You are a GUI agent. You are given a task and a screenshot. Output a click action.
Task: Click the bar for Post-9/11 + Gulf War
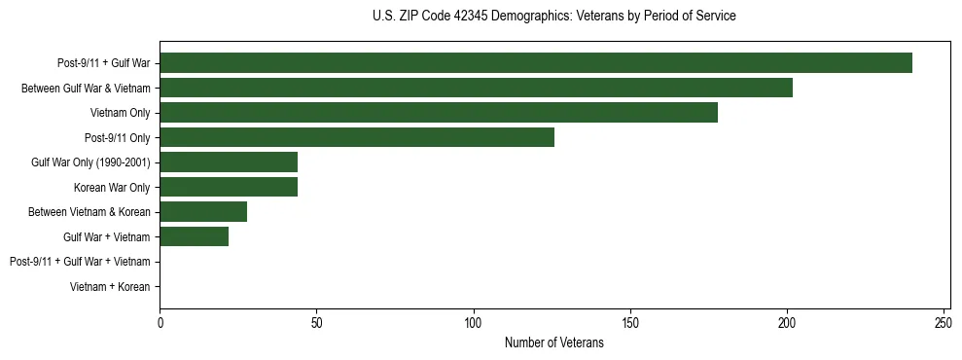tap(536, 63)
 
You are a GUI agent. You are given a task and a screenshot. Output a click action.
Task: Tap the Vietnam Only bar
tap(439, 113)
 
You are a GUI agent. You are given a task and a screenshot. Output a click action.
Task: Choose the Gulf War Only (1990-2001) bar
tap(229, 162)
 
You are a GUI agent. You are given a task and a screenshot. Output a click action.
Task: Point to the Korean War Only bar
tap(229, 187)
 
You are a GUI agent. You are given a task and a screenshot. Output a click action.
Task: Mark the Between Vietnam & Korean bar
tap(203, 212)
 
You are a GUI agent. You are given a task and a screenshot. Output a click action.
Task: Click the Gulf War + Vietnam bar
tap(194, 236)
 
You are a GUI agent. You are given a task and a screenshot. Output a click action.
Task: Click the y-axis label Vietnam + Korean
tap(110, 287)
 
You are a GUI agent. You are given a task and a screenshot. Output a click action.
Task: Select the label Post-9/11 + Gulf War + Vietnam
tap(80, 262)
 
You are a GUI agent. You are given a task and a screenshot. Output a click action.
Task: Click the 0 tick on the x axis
tap(160, 323)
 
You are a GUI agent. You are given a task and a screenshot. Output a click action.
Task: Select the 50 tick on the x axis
tap(316, 323)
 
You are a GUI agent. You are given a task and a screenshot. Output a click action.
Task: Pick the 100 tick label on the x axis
tap(473, 323)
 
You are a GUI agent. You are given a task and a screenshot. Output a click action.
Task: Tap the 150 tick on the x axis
tap(630, 323)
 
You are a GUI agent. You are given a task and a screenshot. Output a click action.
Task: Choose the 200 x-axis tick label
tap(787, 323)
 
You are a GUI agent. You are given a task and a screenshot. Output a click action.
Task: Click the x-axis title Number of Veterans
tap(554, 342)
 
